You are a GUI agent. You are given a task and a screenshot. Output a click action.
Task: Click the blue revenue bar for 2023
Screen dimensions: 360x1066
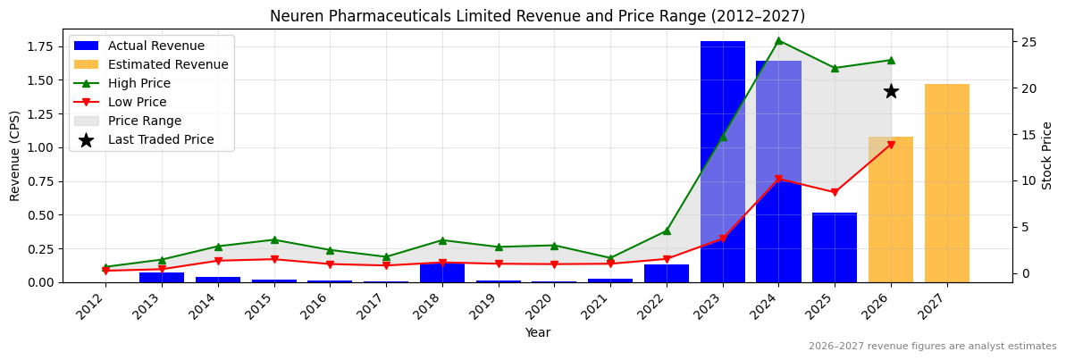click(722, 161)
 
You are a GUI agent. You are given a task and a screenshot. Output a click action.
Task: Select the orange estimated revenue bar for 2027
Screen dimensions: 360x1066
click(946, 183)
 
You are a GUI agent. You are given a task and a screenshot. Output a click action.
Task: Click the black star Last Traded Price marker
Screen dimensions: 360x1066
click(891, 91)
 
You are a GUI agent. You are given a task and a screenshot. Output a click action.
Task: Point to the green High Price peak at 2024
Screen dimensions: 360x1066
click(778, 40)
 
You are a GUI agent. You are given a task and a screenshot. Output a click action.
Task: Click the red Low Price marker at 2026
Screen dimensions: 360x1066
click(891, 145)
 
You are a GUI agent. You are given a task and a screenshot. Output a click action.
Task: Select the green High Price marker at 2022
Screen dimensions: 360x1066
click(667, 230)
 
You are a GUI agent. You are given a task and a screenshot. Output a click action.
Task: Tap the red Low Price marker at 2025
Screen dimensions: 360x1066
click(835, 192)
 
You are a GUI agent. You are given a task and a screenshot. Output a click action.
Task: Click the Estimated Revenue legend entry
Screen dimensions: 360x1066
click(167, 65)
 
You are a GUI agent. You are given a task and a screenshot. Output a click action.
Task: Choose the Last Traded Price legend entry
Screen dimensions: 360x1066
click(161, 140)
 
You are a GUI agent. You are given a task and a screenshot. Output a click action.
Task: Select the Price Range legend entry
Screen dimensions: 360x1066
click(144, 121)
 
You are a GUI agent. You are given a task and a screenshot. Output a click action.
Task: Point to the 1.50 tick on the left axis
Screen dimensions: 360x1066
click(46, 80)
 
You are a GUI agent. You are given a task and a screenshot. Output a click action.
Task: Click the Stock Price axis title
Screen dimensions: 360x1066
click(1047, 155)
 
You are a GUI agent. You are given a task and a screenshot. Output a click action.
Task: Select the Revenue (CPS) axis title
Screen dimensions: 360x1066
click(15, 155)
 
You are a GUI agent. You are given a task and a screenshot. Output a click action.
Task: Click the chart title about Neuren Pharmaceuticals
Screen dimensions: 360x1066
click(537, 16)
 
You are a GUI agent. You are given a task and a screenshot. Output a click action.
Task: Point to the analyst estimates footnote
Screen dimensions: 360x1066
click(932, 347)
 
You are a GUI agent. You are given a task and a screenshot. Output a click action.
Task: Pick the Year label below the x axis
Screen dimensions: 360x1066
click(537, 333)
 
